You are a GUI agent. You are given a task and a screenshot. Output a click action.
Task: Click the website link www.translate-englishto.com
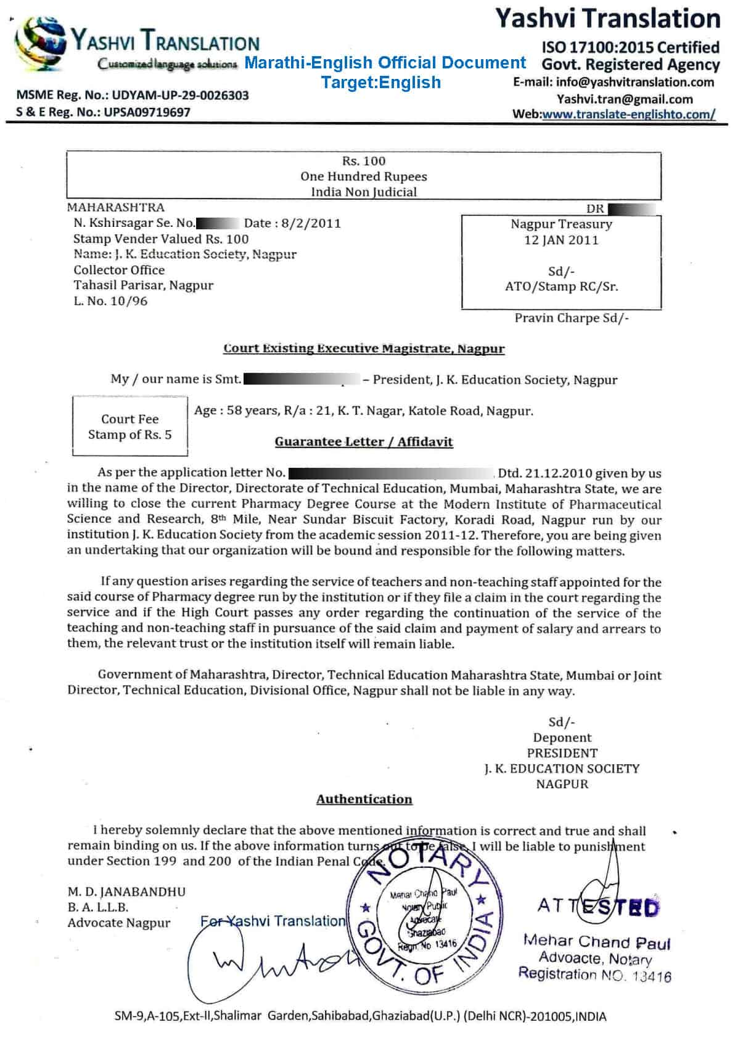pos(628,114)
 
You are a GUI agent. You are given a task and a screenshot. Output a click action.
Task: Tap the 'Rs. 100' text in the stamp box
pos(364,161)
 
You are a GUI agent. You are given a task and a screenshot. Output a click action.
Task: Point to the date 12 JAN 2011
pos(561,240)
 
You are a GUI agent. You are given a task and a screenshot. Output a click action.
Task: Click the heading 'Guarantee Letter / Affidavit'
pos(364,441)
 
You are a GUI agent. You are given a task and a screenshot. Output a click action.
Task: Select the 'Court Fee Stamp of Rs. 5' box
pos(129,427)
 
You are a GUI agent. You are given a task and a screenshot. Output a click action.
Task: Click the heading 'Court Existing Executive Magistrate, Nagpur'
pos(364,348)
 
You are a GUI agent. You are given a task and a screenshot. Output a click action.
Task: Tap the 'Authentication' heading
pos(364,799)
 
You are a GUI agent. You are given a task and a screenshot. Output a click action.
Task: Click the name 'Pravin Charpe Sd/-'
pos(572,318)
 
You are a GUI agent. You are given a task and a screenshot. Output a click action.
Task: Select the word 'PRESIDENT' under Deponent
pos(562,753)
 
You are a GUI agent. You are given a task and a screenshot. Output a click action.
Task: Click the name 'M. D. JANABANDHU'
pos(126,891)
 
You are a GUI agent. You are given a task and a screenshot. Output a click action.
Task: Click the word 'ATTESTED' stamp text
pos(597,906)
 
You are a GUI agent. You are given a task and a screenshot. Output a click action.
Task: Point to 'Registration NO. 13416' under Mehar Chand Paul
pos(594,975)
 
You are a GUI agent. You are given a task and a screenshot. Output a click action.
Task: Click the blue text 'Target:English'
pos(381,82)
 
